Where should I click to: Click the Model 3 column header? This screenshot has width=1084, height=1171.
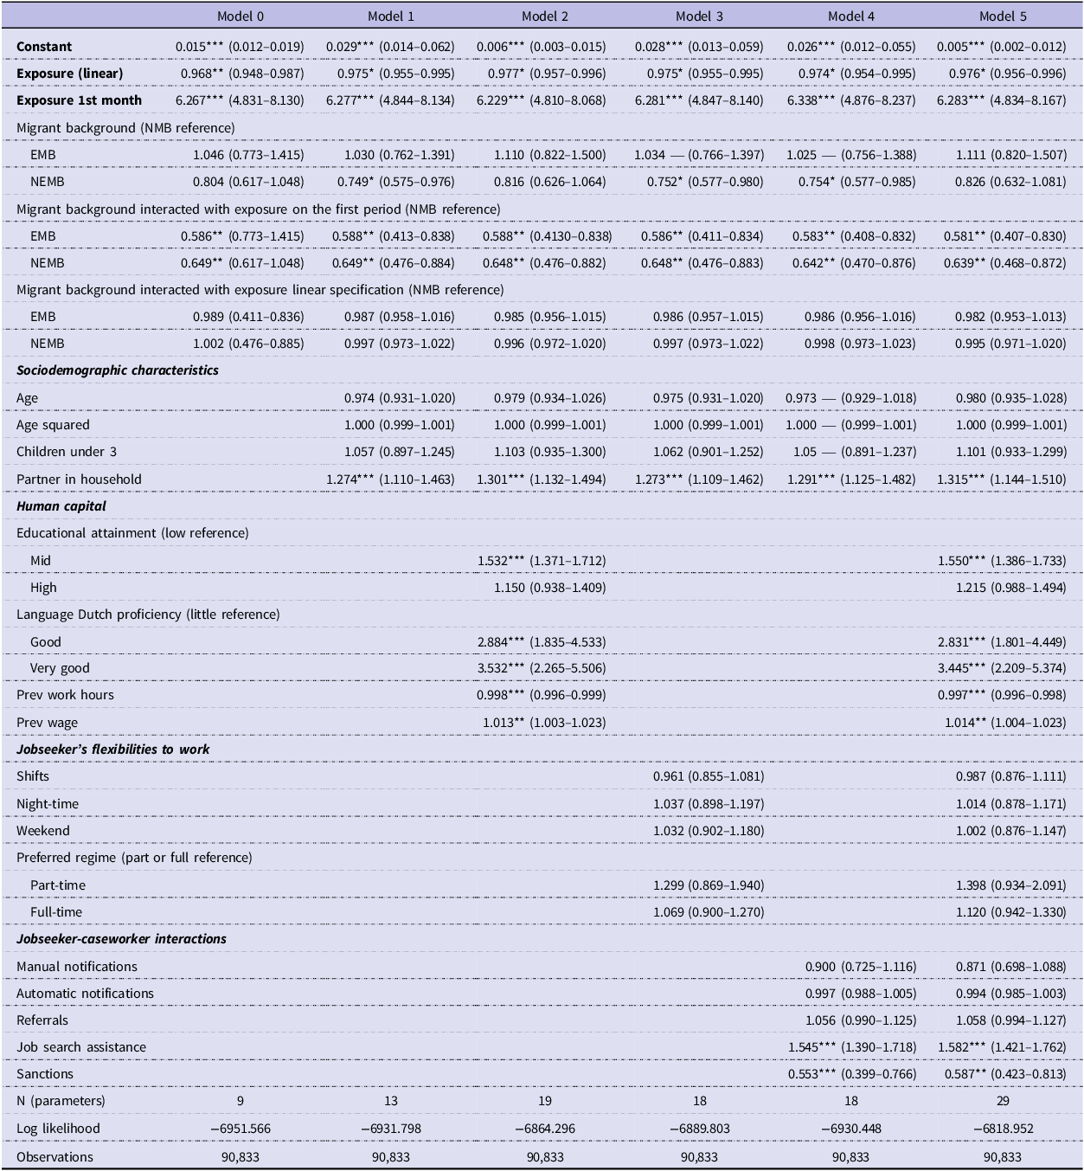click(698, 16)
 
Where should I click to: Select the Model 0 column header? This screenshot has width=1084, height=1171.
click(240, 16)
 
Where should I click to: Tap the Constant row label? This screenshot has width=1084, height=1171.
click(44, 47)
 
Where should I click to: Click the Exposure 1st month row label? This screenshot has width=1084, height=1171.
click(79, 100)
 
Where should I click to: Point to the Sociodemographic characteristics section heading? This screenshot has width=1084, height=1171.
click(118, 370)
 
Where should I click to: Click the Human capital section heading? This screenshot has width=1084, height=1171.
click(61, 506)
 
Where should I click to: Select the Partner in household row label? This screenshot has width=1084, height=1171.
click(79, 479)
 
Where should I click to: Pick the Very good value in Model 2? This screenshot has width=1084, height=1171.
click(541, 668)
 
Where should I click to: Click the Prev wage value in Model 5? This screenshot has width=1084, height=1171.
click(1005, 723)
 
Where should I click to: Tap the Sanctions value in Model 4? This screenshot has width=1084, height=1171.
click(852, 1074)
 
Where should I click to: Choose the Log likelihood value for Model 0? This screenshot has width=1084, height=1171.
click(241, 1129)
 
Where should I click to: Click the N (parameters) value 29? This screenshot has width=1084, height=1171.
click(1003, 1101)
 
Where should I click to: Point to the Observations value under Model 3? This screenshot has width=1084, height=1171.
click(699, 1157)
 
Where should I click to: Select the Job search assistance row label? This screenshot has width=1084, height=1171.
click(81, 1046)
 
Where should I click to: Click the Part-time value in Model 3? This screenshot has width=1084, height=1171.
click(709, 885)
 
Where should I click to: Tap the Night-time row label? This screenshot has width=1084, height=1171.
click(48, 804)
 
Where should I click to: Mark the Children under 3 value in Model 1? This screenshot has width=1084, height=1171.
click(400, 452)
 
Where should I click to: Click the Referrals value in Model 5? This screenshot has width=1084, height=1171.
click(1011, 1020)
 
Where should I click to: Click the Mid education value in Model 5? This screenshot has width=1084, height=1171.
click(1002, 560)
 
